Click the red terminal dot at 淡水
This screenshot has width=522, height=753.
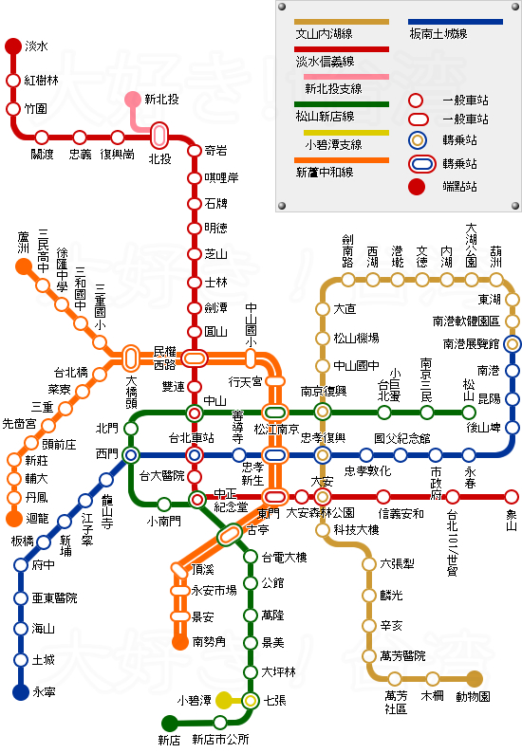click(x=13, y=46)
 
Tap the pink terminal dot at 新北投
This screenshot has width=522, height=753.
click(x=133, y=100)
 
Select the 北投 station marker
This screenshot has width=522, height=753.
click(x=159, y=137)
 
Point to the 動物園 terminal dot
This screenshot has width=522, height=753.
click(x=475, y=678)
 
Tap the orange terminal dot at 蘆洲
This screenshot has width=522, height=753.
click(x=24, y=266)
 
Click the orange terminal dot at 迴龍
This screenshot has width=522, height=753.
click(x=14, y=519)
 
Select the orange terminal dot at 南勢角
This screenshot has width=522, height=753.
click(x=180, y=641)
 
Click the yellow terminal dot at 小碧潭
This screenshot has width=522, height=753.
click(x=224, y=701)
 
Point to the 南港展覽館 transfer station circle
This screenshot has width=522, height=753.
click(x=513, y=344)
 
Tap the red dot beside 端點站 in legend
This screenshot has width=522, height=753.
click(x=416, y=185)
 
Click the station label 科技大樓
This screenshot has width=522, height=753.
click(x=356, y=530)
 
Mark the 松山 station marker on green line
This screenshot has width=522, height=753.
click(x=469, y=412)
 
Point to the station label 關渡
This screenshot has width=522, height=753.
click(x=43, y=154)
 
